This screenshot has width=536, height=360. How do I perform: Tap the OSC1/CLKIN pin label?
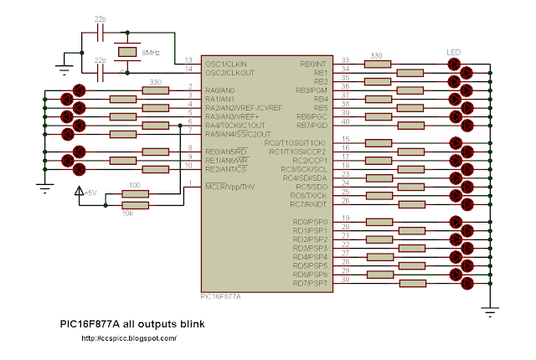point(225,62)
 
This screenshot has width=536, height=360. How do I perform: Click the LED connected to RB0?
point(456,63)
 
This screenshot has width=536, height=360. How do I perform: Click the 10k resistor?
point(135,203)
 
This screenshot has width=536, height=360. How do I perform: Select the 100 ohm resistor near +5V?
point(135,194)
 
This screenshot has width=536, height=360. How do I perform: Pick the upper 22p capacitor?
point(100,33)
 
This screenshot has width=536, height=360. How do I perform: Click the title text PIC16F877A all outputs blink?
point(131,323)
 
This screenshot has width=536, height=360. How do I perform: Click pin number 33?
point(345,59)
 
